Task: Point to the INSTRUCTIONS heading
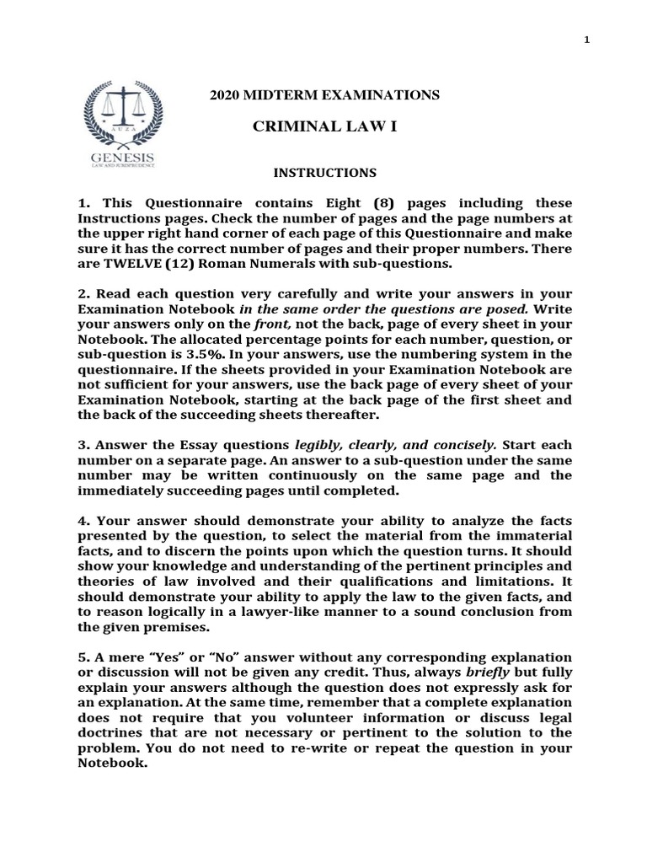click(x=324, y=173)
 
